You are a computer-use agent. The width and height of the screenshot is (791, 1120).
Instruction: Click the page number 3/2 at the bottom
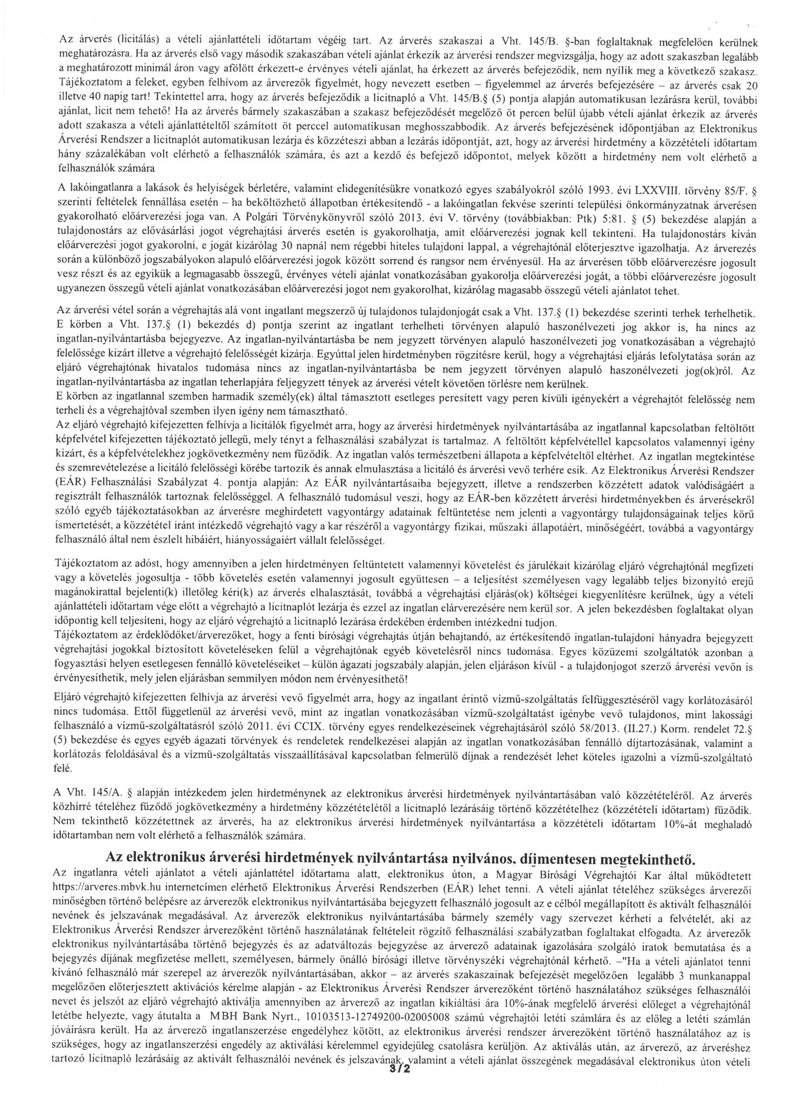(398, 1094)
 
